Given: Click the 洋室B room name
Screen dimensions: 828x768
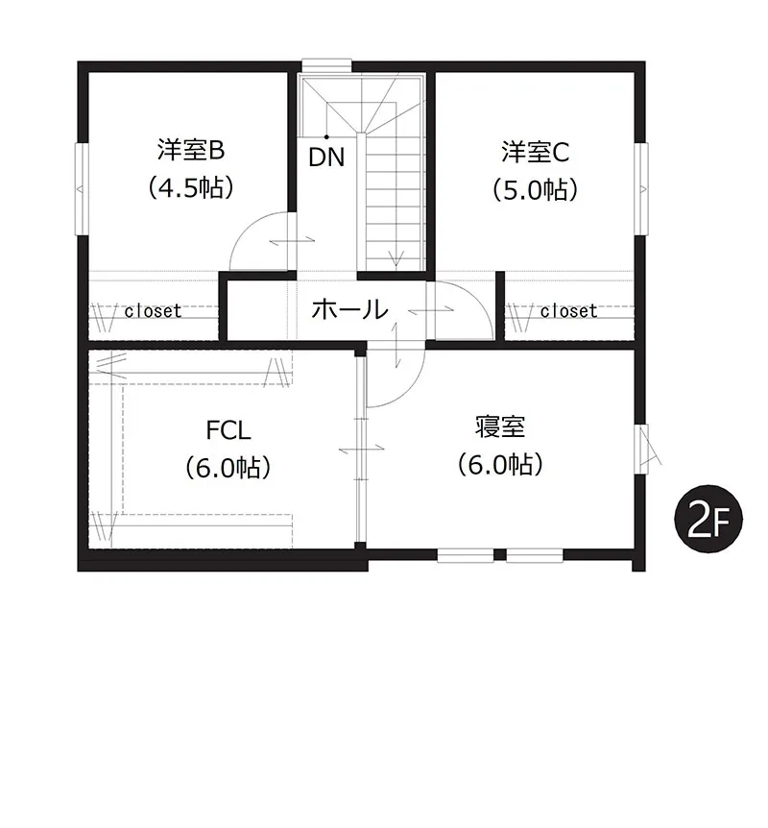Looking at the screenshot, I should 190,151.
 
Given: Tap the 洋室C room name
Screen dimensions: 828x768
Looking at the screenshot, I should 535,152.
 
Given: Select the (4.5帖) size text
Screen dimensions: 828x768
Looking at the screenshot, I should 191,188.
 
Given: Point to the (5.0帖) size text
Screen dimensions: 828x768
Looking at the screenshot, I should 535,189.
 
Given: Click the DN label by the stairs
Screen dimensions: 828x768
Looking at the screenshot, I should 326,157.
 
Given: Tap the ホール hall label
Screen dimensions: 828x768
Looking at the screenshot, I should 349,309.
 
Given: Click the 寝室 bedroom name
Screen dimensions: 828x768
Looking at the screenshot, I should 499,426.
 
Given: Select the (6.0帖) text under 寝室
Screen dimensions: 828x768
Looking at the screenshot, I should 500,465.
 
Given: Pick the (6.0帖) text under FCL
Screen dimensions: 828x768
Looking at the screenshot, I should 228,467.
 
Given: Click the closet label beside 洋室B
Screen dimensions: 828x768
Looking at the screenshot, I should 152,311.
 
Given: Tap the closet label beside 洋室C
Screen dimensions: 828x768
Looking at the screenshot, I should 568,311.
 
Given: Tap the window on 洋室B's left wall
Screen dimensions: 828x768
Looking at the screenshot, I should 80,186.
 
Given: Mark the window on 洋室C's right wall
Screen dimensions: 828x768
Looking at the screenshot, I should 640,186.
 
